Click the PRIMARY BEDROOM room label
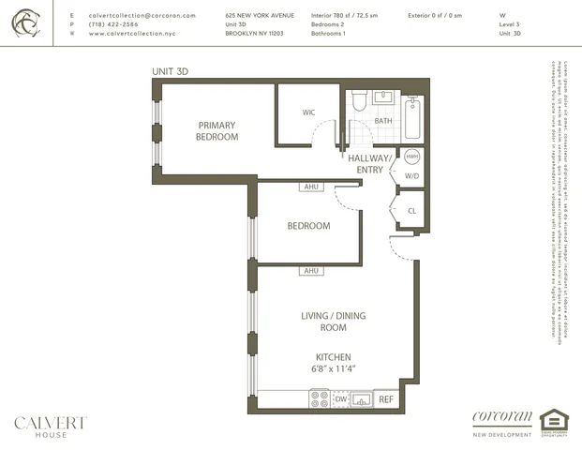pyautogui.click(x=216, y=131)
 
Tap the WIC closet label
pyautogui.click(x=308, y=112)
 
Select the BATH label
pyautogui.click(x=383, y=121)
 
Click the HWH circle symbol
pyautogui.click(x=412, y=157)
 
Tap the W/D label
pyautogui.click(x=412, y=175)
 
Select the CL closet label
pyautogui.click(x=412, y=211)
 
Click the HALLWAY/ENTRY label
pyautogui.click(x=371, y=164)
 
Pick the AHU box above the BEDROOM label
pyautogui.click(x=311, y=187)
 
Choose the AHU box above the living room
pyautogui.click(x=311, y=271)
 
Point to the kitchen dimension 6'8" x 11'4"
pyautogui.click(x=333, y=369)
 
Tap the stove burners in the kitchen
pyautogui.click(x=318, y=399)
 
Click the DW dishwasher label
pyautogui.click(x=340, y=399)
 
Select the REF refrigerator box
pyautogui.click(x=385, y=399)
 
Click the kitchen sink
pyautogui.click(x=361, y=399)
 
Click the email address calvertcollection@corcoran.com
pyautogui.click(x=142, y=16)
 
